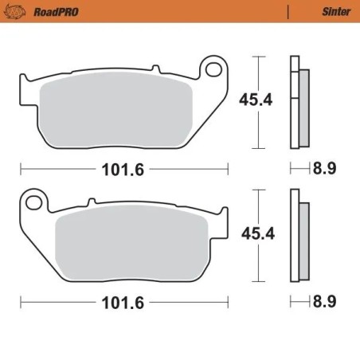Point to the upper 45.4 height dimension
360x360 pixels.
click(x=254, y=100)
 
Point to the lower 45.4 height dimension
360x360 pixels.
click(x=254, y=233)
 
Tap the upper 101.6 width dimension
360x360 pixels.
click(x=123, y=169)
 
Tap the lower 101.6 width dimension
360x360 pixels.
click(x=123, y=303)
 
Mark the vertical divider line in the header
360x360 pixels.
click(x=287, y=12)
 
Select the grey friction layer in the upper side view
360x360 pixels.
click(x=303, y=107)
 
